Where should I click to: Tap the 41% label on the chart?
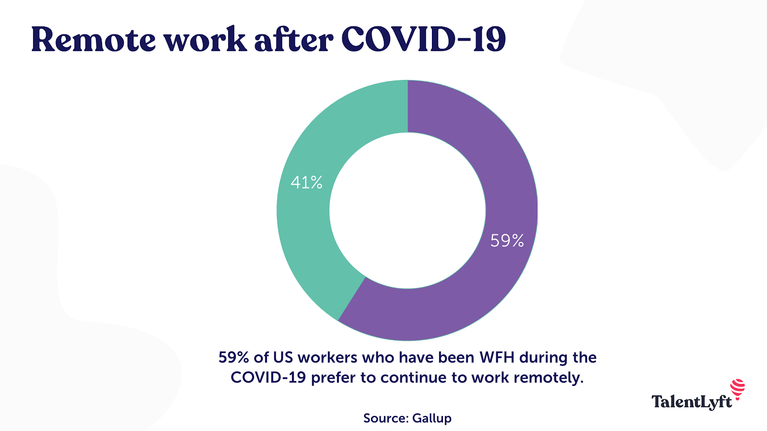[x=307, y=182]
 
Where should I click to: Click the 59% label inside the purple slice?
[x=507, y=240]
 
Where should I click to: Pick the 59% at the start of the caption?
[x=234, y=358]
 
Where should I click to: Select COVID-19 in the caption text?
[x=268, y=378]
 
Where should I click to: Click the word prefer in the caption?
[x=334, y=378]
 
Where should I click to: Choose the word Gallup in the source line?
[x=431, y=418]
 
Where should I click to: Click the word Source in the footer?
[x=385, y=418]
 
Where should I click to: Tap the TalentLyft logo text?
[x=691, y=402]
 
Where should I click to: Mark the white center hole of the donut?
[x=407, y=210]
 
